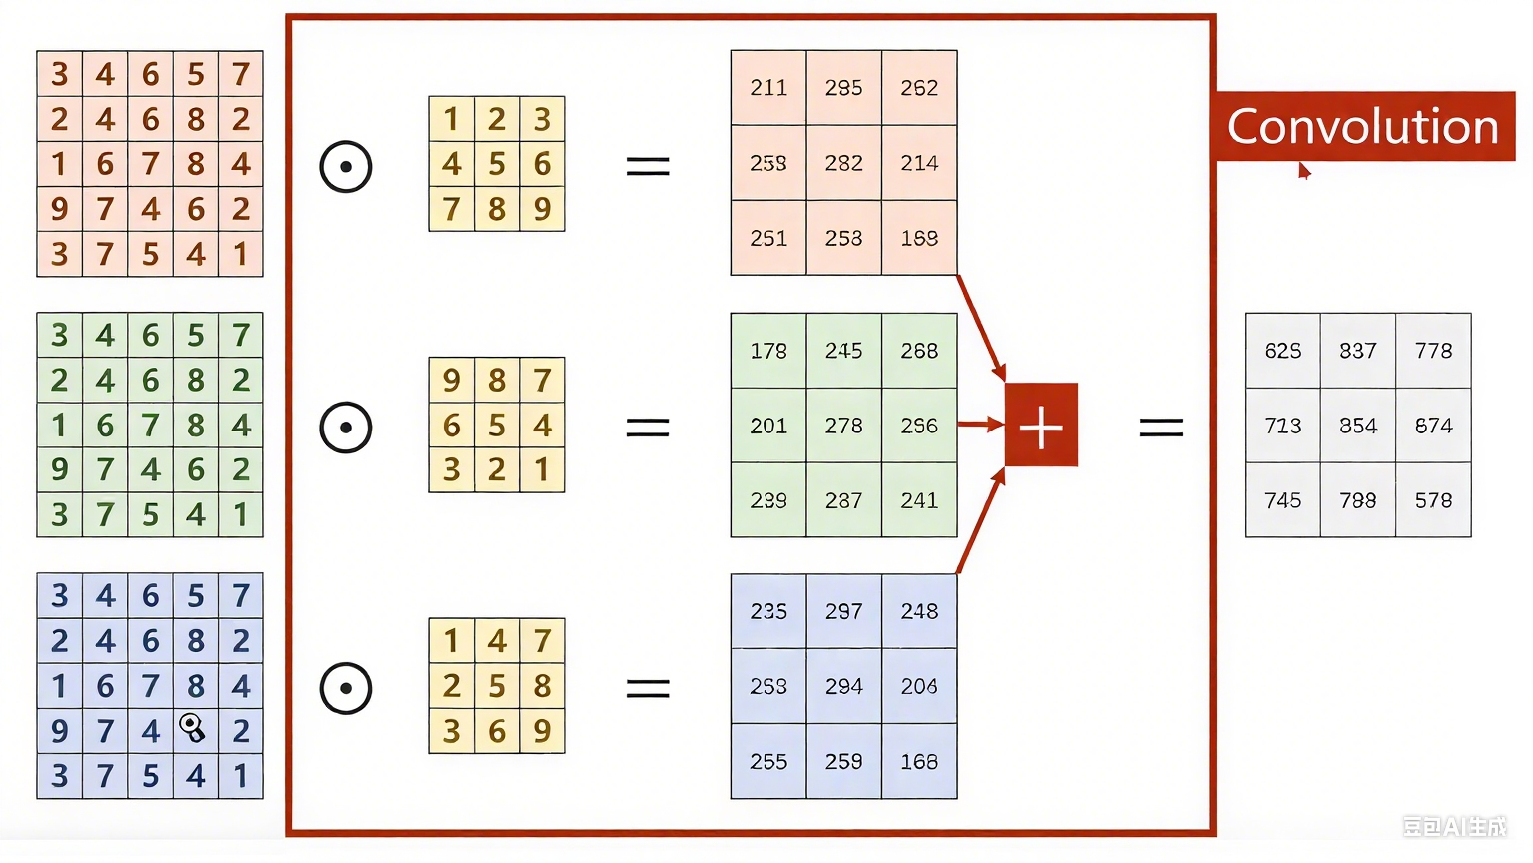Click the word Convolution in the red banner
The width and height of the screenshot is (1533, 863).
pos(1362,127)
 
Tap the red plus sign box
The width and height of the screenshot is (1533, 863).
pos(1041,426)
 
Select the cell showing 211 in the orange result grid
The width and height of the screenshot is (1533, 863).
pos(768,88)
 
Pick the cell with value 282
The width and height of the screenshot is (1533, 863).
pos(843,163)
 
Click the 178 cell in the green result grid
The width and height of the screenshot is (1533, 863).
pos(768,351)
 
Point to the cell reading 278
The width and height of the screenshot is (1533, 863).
pos(843,426)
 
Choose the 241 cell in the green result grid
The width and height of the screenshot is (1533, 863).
pos(919,500)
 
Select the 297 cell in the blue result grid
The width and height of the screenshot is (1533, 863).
pos(843,611)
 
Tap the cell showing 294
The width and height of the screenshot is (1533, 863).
pos(843,686)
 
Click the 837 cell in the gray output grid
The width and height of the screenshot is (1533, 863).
pos(1358,351)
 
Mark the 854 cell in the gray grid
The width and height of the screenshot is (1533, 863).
pos(1358,426)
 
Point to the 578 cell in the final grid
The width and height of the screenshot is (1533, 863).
pos(1433,500)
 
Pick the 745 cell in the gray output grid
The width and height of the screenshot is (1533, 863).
pos(1282,500)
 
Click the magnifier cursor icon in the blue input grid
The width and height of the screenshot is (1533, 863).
pos(193,727)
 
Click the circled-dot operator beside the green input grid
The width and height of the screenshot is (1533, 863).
pos(346,428)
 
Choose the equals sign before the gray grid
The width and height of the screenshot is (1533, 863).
pos(1161,428)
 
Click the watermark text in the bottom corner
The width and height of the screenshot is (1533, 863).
pos(1454,826)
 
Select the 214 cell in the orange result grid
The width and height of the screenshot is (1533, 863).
pos(919,163)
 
